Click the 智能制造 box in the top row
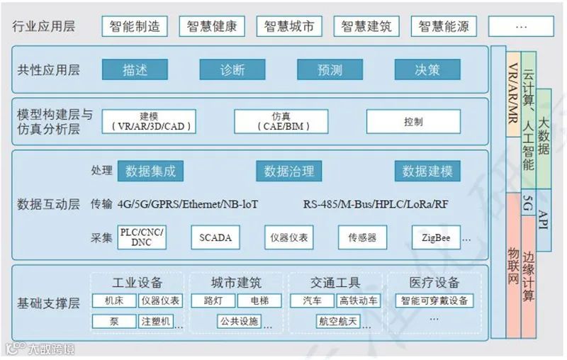click(x=135, y=27)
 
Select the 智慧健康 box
click(x=212, y=27)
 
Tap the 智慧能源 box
click(x=444, y=27)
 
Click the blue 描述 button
click(x=135, y=69)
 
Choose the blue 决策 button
click(x=427, y=69)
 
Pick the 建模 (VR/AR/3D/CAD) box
click(x=149, y=122)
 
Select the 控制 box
click(x=413, y=122)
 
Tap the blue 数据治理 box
click(x=288, y=171)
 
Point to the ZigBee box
click(x=436, y=237)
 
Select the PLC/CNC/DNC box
click(x=142, y=237)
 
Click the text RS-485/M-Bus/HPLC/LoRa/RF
click(x=376, y=205)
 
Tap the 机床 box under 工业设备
click(x=113, y=300)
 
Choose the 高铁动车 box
click(x=358, y=300)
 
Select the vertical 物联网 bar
click(x=514, y=266)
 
